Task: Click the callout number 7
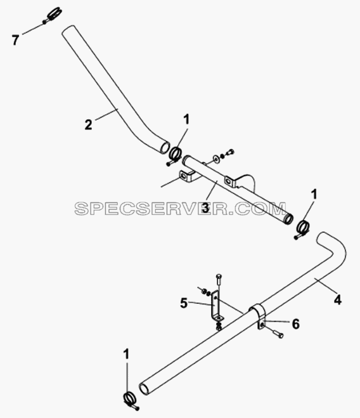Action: [x=15, y=40]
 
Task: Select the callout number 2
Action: [x=89, y=125]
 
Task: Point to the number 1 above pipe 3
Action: [x=186, y=119]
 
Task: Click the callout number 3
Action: [x=205, y=208]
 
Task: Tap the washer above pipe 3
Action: [x=215, y=159]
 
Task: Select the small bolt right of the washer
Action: [x=229, y=153]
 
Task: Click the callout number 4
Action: [x=337, y=300]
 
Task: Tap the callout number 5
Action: [x=184, y=303]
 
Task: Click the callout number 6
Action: [x=296, y=324]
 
